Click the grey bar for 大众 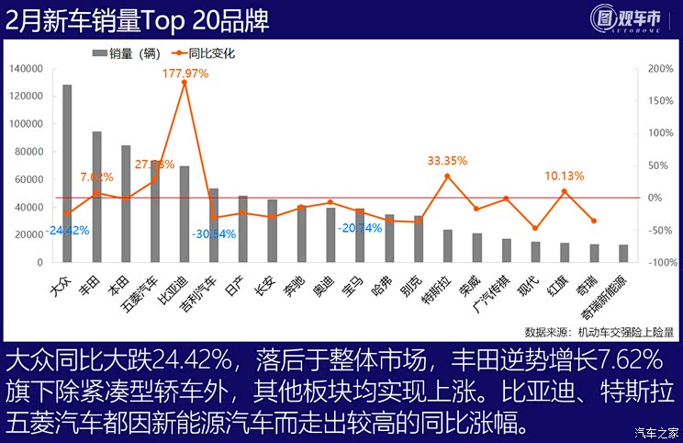coord(67,175)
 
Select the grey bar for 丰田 coord(96,198)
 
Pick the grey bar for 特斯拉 coord(448,246)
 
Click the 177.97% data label coord(185,73)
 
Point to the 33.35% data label coord(447,161)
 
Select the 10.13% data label coord(565,176)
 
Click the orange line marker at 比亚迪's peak coord(185,83)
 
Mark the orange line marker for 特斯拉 coord(448,176)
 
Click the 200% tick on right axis coord(661,69)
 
